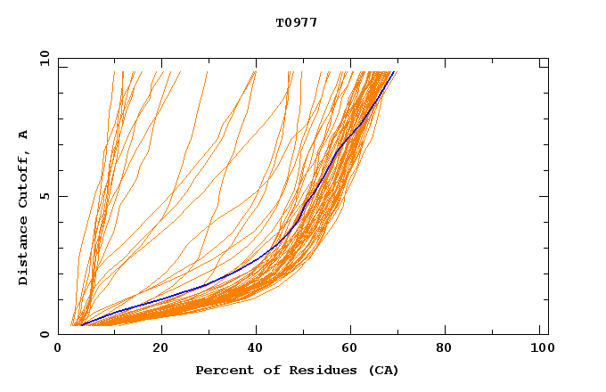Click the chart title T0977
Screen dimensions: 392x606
click(297, 22)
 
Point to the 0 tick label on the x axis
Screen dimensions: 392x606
click(58, 348)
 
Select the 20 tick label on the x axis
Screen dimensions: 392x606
click(160, 348)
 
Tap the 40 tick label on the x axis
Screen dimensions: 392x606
click(257, 348)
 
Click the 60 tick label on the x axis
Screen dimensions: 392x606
click(353, 348)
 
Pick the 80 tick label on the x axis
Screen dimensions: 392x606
click(449, 348)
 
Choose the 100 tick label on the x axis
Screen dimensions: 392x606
click(540, 348)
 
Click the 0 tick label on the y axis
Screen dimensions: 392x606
click(44, 334)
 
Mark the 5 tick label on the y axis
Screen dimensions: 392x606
click(44, 196)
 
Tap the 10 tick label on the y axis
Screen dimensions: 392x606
click(44, 59)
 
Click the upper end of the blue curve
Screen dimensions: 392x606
click(395, 72)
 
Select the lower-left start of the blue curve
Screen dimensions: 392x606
click(81, 325)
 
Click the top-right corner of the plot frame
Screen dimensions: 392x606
click(548, 59)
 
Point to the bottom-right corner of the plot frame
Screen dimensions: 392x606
click(548, 334)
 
